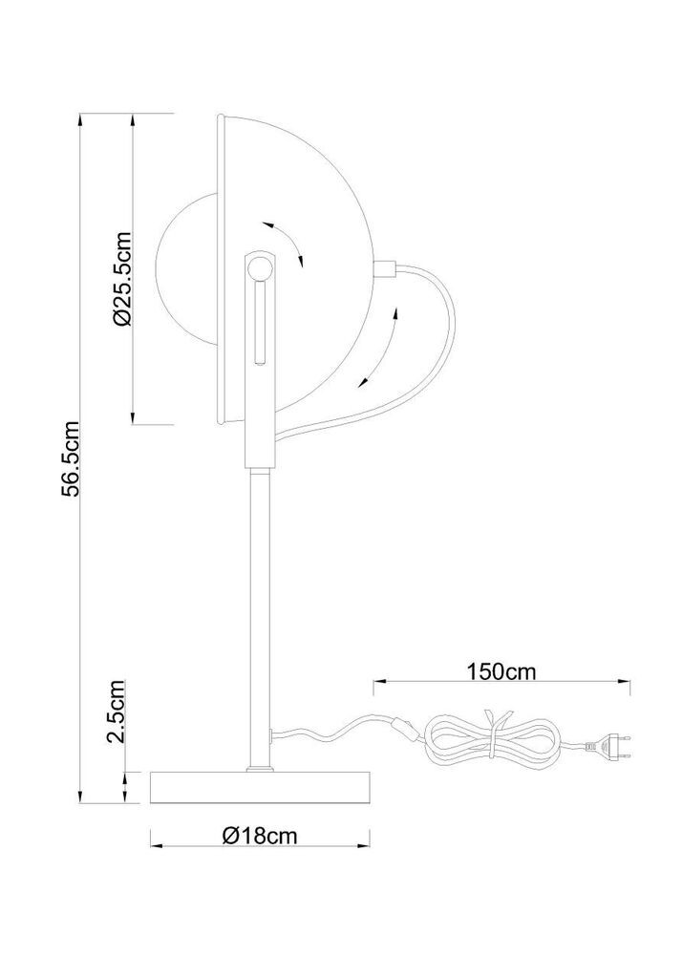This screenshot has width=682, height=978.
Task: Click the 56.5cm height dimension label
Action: click(x=74, y=458)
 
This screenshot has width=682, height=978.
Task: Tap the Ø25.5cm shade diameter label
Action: click(x=123, y=279)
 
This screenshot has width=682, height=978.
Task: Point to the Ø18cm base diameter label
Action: click(x=260, y=835)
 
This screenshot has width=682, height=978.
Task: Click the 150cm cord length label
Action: click(x=501, y=671)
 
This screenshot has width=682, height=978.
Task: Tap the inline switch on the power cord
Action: click(x=402, y=727)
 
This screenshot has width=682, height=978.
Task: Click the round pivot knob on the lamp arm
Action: click(x=257, y=269)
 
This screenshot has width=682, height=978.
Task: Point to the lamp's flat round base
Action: click(x=261, y=788)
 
